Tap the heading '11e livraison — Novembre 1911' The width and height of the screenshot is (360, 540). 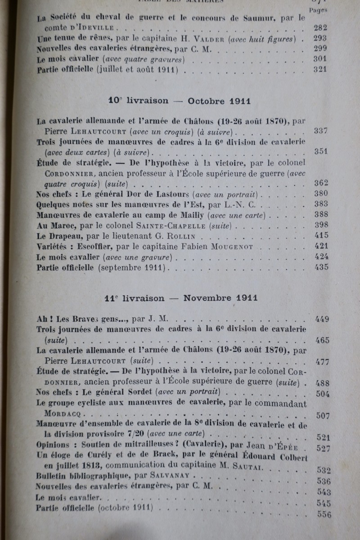coord(181,298)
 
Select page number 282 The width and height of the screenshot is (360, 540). coord(320,28)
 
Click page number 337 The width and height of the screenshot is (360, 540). coord(320,131)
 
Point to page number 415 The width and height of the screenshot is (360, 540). coord(321,235)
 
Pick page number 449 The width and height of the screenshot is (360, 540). coord(322,319)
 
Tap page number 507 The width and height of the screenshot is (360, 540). coord(323,416)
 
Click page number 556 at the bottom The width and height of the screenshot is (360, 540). coord(324,515)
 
